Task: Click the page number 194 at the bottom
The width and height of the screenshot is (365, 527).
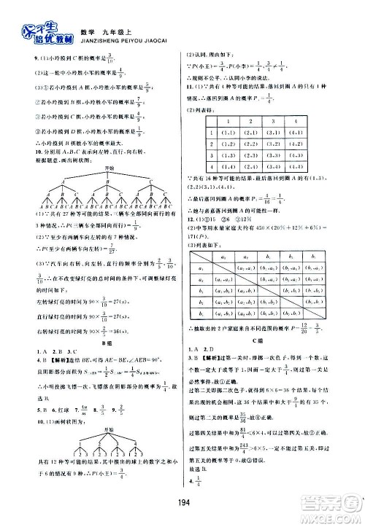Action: pyautogui.click(x=182, y=510)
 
